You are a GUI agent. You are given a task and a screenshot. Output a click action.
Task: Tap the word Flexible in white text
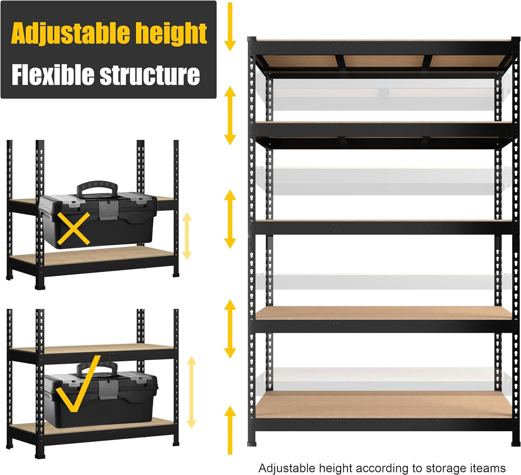(53, 75)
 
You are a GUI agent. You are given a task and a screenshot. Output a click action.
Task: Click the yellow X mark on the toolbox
(74, 229)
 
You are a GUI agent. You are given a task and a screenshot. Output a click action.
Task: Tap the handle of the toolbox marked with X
(97, 188)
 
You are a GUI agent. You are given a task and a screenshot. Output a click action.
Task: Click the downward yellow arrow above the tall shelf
(230, 27)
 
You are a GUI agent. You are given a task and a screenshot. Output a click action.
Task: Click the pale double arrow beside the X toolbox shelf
(187, 236)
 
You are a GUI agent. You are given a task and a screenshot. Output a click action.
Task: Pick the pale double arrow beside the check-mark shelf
(191, 392)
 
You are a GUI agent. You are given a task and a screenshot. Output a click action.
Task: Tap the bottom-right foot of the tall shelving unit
(516, 442)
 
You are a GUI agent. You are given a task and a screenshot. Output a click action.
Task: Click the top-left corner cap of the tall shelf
(252, 39)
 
